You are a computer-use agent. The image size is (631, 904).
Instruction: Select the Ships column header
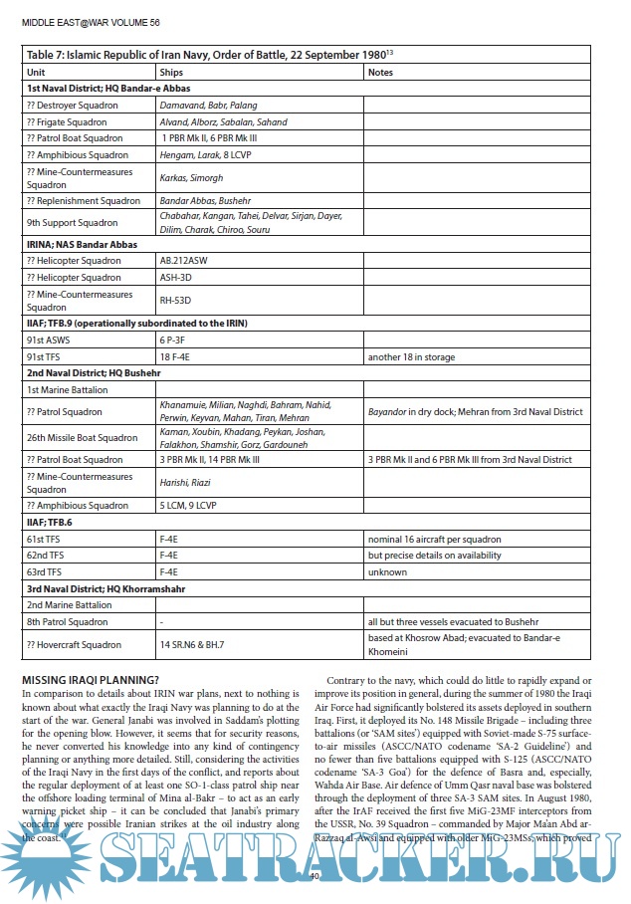[171, 73]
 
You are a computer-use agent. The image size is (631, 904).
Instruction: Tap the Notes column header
[380, 73]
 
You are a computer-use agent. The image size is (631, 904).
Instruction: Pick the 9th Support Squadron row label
[72, 223]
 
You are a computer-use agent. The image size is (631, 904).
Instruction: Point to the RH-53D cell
[174, 300]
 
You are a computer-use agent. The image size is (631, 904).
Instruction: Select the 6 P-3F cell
[173, 339]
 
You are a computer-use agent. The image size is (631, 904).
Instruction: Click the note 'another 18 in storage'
[410, 355]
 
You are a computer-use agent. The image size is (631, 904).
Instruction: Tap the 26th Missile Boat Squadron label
[82, 437]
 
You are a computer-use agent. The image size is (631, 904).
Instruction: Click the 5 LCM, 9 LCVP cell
[192, 505]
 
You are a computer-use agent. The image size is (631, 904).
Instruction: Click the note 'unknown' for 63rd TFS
[387, 571]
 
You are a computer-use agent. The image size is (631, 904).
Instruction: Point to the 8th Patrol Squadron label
[69, 620]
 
